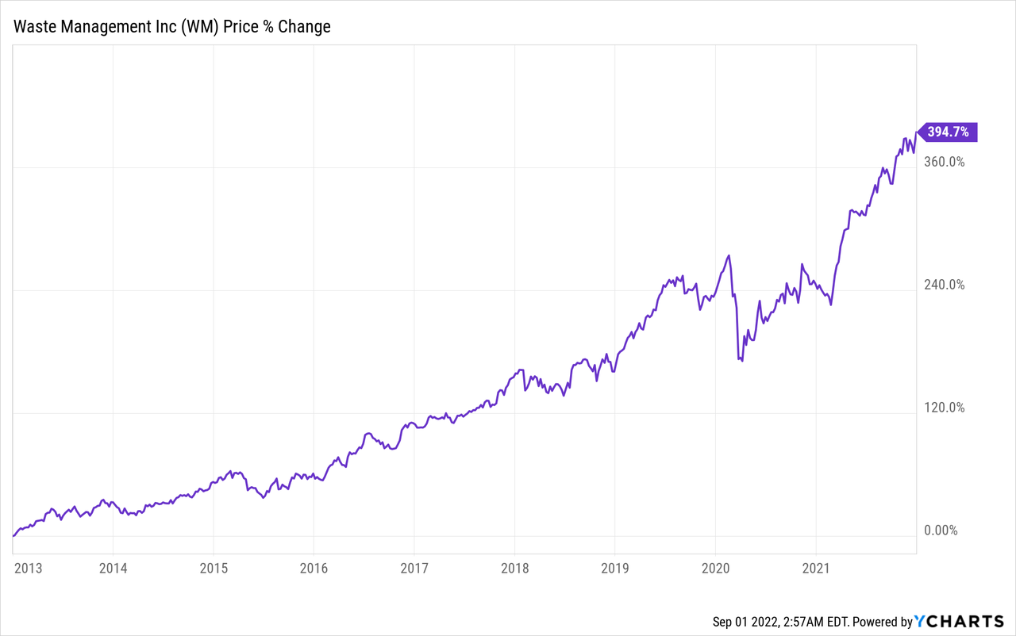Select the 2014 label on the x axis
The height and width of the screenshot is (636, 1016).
(x=114, y=568)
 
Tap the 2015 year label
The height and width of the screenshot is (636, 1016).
(x=214, y=568)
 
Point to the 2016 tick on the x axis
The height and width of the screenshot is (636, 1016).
(x=314, y=568)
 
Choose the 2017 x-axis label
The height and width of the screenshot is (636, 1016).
(x=414, y=568)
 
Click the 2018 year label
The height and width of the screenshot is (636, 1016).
(x=514, y=568)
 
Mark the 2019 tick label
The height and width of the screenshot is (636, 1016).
(x=614, y=568)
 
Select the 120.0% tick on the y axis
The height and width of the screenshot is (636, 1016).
(x=944, y=408)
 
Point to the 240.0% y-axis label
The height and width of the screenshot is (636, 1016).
(x=944, y=285)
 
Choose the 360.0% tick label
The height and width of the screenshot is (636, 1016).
(x=944, y=162)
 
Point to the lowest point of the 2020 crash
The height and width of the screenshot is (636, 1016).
(x=741, y=361)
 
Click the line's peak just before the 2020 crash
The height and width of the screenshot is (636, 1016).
(x=729, y=255)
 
